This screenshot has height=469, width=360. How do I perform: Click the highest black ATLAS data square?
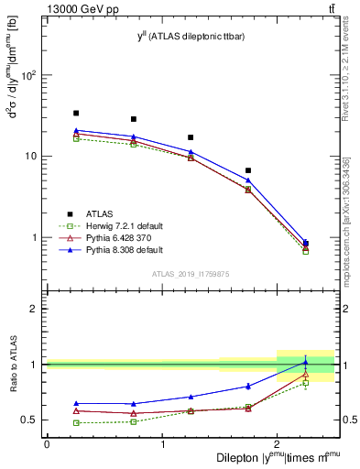76,114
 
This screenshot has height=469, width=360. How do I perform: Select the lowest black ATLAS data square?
305,244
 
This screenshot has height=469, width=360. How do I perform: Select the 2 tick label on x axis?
278,444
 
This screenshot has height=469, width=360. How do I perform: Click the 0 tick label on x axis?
47,444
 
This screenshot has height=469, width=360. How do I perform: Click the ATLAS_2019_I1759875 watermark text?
191,273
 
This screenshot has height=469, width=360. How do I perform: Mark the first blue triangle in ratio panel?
76,403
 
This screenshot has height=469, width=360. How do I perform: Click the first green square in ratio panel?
76,422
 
